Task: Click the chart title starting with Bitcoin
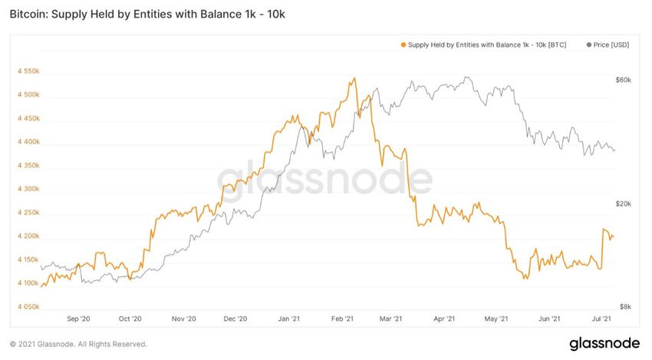click(x=140, y=15)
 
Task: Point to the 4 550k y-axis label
click(x=27, y=71)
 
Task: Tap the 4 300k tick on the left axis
click(x=27, y=189)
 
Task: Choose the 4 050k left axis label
click(x=27, y=306)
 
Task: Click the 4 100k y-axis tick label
click(x=27, y=283)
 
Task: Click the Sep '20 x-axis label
click(x=78, y=319)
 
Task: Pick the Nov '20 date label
click(x=184, y=319)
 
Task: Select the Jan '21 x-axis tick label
click(x=288, y=319)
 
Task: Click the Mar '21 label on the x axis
click(x=392, y=319)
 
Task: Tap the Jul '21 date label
click(x=602, y=319)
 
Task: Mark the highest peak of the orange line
click(x=354, y=78)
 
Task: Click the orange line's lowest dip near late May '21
click(x=525, y=279)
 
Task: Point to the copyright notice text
click(x=78, y=344)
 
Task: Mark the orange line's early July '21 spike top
click(x=604, y=230)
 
